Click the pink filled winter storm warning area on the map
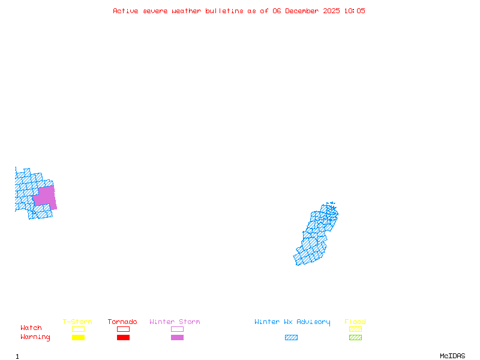[45, 197]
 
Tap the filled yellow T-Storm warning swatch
[78, 338]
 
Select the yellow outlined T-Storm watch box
[78, 329]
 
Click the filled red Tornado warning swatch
[123, 338]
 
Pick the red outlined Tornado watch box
[123, 329]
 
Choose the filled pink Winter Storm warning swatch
[177, 338]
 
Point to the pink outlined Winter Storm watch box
[177, 329]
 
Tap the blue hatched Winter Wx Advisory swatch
[291, 338]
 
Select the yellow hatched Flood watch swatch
[355, 329]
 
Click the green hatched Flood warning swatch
[355, 338]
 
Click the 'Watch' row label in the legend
[31, 328]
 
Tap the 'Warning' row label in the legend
[35, 337]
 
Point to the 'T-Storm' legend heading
[77, 322]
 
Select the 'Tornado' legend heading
[122, 322]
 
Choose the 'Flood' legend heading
[355, 322]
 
